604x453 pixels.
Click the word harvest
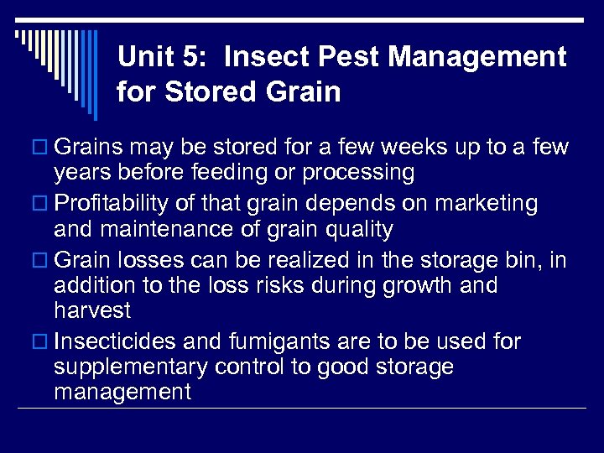point(92,310)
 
